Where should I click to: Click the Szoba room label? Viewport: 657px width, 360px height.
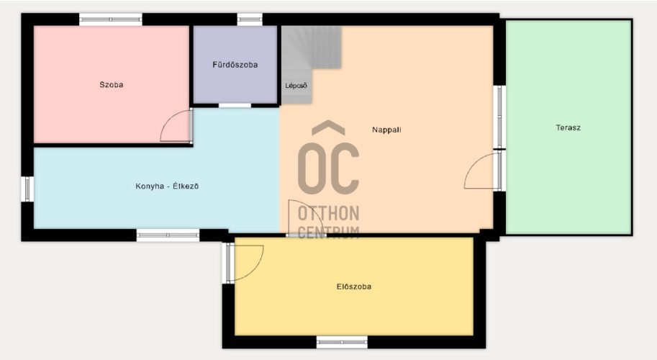(x=112, y=85)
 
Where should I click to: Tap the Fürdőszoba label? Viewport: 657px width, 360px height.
(x=235, y=65)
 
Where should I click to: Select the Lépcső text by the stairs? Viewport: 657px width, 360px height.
(x=296, y=86)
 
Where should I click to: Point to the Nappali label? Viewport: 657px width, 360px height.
(x=386, y=130)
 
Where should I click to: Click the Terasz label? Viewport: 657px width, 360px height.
(x=568, y=128)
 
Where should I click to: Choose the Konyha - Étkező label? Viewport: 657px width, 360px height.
(x=167, y=186)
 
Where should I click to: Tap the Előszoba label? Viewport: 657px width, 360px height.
(x=354, y=287)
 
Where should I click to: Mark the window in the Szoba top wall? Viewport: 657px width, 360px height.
(x=111, y=19)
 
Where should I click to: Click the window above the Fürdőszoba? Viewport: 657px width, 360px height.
(x=250, y=19)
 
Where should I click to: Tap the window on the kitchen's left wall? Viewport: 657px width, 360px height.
(x=27, y=189)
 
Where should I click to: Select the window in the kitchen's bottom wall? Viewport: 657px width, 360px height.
(x=168, y=235)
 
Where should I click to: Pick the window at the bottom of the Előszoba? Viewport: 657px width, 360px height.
(x=342, y=342)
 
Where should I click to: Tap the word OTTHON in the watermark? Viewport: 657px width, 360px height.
(x=328, y=213)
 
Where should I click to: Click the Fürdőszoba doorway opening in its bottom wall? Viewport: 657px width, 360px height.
(x=235, y=105)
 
